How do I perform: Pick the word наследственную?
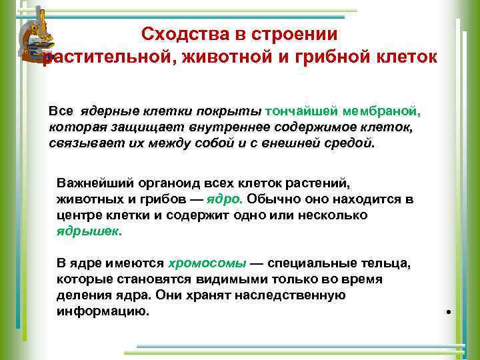(288, 295)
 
